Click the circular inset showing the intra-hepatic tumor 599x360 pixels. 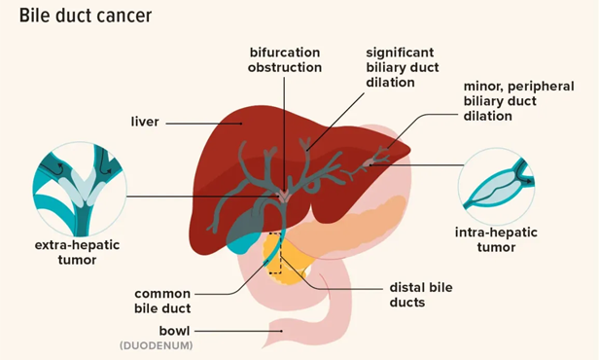[x=497, y=184]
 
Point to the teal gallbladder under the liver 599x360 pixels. [x=244, y=235]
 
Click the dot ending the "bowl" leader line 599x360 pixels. [x=283, y=331]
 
